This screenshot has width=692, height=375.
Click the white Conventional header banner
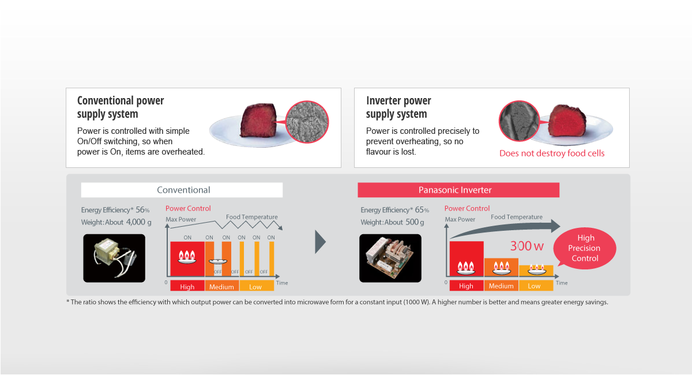(182, 190)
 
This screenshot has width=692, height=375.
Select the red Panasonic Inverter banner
(458, 190)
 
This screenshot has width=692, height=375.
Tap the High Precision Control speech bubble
(585, 248)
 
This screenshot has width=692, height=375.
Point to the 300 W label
(526, 246)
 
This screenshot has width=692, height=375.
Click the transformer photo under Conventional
(114, 258)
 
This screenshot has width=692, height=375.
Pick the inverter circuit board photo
(390, 258)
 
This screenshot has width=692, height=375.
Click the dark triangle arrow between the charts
(321, 242)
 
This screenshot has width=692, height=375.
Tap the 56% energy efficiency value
(142, 210)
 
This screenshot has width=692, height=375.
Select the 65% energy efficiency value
(422, 210)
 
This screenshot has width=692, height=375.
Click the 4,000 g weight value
(139, 222)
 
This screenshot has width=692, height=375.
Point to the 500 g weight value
(415, 222)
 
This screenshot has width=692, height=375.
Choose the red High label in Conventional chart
(187, 286)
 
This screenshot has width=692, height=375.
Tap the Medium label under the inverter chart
(501, 286)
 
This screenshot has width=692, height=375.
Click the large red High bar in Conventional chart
(187, 259)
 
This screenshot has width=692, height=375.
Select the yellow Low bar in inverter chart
(536, 271)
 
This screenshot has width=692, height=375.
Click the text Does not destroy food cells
(552, 153)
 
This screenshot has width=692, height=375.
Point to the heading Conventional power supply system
(121, 107)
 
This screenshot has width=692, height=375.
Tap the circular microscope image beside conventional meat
(307, 122)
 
